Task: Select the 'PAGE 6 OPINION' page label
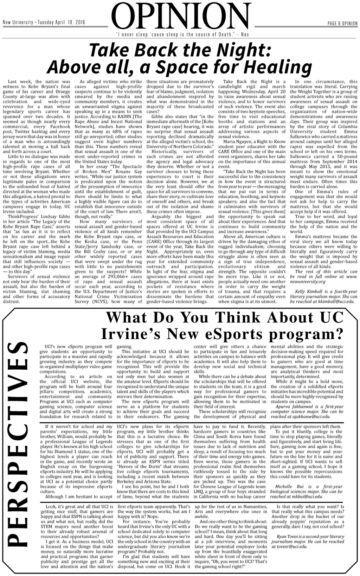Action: (x=342, y=24)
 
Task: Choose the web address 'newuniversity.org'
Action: (x=307, y=282)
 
